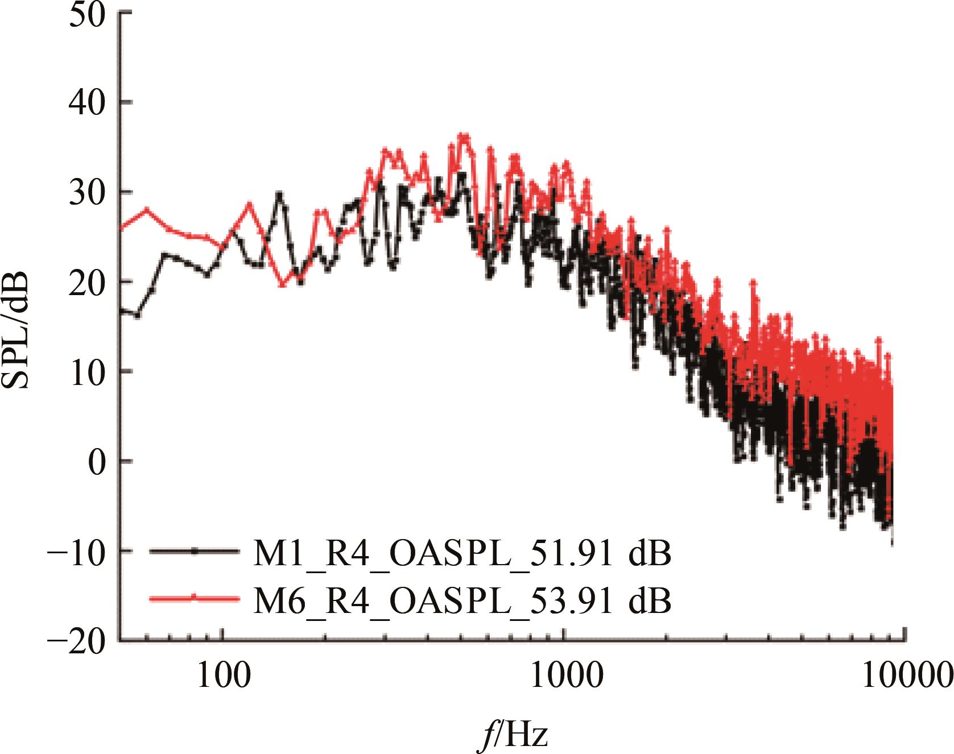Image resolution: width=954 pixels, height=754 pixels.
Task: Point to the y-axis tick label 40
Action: [x=89, y=103]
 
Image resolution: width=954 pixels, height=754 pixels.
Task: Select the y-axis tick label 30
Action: [x=89, y=193]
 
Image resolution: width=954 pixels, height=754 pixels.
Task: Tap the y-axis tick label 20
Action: [x=89, y=283]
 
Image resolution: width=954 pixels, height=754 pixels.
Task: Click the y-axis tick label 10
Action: [x=89, y=372]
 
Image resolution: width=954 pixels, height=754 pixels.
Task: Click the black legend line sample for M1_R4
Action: [x=194, y=551]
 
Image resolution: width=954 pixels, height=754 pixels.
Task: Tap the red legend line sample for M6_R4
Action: [x=194, y=598]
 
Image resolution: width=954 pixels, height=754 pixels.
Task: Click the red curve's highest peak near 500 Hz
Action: [x=464, y=136]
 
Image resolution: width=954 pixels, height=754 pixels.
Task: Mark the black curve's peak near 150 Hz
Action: [x=279, y=194]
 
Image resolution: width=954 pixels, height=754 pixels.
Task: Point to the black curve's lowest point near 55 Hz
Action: [x=137, y=314]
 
